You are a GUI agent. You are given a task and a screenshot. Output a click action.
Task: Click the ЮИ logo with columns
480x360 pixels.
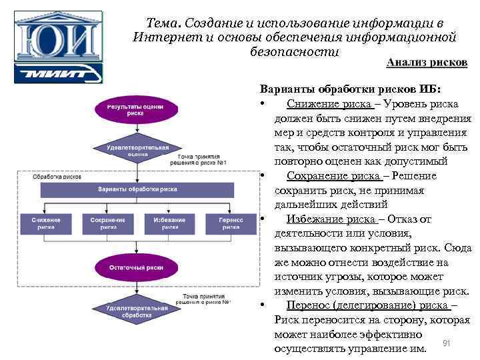point(58,37)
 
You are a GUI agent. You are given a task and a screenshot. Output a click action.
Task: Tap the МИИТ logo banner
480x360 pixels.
point(58,73)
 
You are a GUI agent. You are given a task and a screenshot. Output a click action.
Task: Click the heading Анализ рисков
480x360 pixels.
point(427,62)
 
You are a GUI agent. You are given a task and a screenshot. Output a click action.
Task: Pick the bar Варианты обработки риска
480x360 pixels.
point(137,189)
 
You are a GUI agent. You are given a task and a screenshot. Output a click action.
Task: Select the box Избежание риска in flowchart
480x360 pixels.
point(169,223)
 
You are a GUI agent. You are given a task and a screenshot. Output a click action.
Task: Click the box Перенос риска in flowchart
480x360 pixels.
point(231,223)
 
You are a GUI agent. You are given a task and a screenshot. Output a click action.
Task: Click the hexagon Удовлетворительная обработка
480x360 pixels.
point(137,311)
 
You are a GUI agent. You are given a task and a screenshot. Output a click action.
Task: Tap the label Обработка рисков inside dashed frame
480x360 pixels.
point(57,177)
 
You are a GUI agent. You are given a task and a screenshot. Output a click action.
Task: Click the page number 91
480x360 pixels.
point(447,343)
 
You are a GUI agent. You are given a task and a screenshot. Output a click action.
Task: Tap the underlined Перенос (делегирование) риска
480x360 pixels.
point(367,305)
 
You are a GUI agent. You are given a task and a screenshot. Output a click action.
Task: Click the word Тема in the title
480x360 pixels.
point(162,23)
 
